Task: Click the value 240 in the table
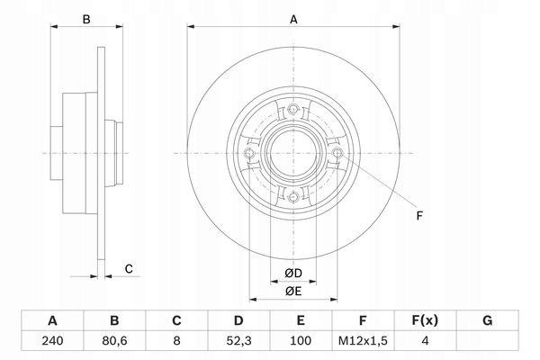52,341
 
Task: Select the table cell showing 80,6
114,341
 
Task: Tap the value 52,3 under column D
238,341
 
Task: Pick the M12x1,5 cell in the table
363,341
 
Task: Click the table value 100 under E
301,341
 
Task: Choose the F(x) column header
425,320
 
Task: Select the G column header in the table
487,320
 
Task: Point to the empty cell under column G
487,341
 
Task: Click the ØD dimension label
293,274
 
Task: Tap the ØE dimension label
293,292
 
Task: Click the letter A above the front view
293,20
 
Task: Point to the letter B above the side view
86,20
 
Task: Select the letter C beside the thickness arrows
129,269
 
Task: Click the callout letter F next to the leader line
419,216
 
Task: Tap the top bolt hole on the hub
293,109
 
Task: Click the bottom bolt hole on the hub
293,197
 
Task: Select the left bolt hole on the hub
249,153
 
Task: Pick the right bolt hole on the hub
337,153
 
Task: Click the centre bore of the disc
293,153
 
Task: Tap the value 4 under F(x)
425,341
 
